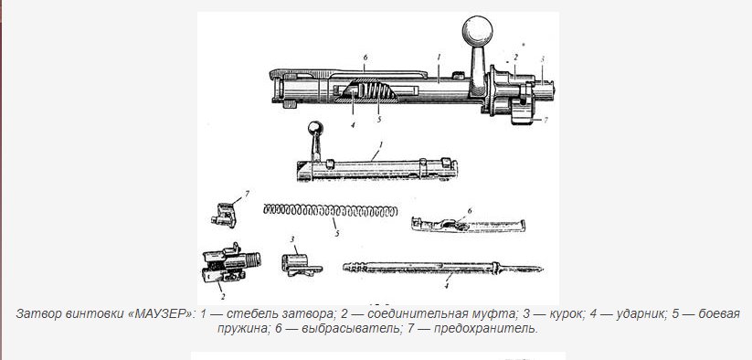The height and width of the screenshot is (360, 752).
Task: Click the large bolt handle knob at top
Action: click(477, 31)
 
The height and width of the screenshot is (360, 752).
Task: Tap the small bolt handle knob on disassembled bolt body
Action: click(315, 128)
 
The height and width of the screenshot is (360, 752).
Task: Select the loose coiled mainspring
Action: click(331, 210)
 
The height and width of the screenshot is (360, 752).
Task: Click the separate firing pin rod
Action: click(442, 268)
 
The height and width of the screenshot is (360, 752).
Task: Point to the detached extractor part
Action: click(468, 225)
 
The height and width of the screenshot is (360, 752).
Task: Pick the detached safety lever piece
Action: click(224, 216)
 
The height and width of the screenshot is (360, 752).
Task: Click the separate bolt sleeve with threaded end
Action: click(230, 262)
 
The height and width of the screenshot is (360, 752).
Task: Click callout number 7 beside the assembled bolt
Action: click(545, 120)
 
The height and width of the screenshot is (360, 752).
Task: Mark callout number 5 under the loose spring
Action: click(337, 233)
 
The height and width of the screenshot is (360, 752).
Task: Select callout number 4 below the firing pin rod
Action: click(446, 286)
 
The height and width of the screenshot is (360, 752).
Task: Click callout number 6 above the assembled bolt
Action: click(365, 57)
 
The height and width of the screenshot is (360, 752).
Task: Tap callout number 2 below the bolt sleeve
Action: click(223, 296)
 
